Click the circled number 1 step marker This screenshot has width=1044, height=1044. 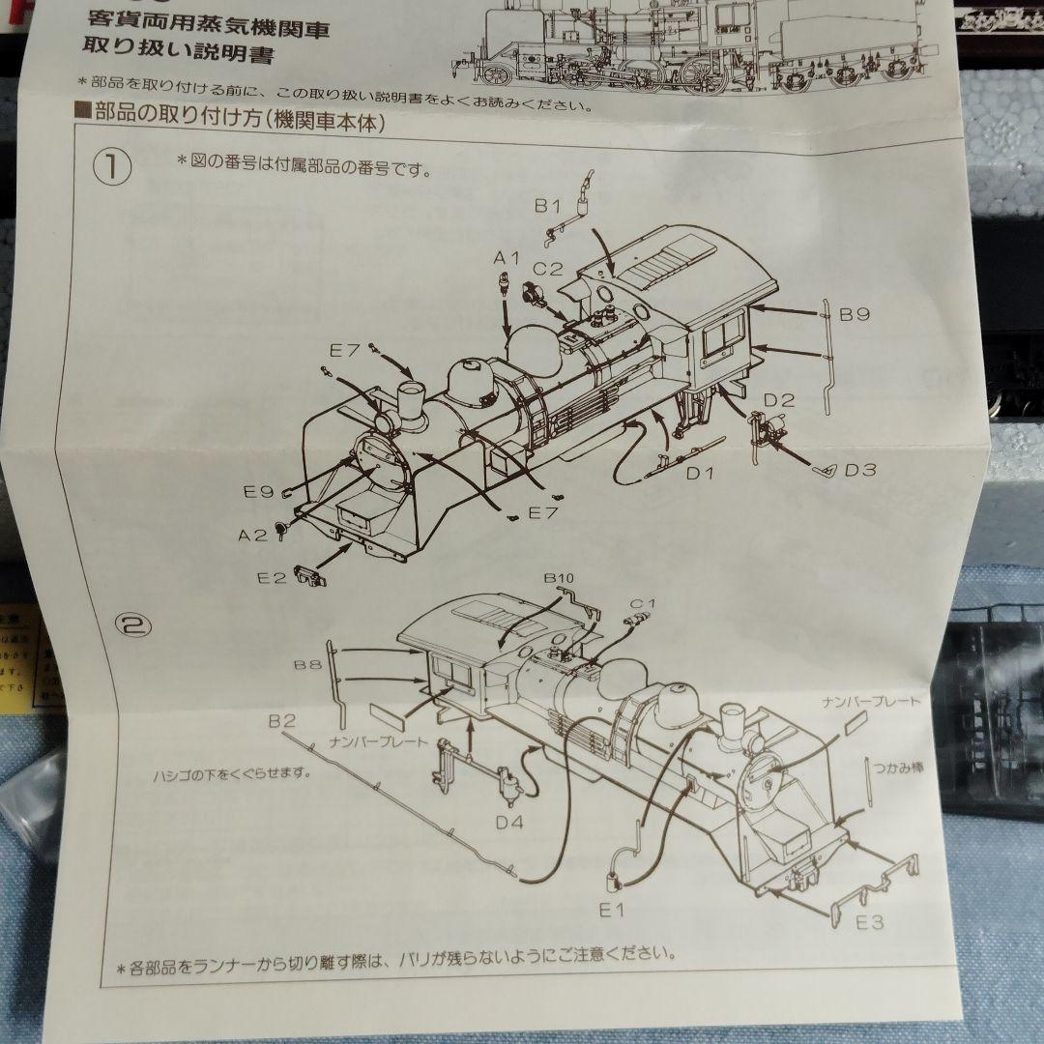click(112, 167)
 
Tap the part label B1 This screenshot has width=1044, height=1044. click(548, 205)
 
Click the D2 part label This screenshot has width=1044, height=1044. click(779, 399)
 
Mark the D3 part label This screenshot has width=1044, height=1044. click(858, 471)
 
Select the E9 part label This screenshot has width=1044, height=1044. click(260, 492)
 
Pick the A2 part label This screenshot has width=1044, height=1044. click(253, 535)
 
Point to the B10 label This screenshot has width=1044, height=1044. click(559, 578)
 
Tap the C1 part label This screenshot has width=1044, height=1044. click(643, 602)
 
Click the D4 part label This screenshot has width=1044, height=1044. click(509, 823)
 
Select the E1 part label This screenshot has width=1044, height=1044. click(613, 910)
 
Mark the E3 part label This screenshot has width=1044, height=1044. click(869, 922)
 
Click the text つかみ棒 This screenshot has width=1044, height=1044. click(898, 767)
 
